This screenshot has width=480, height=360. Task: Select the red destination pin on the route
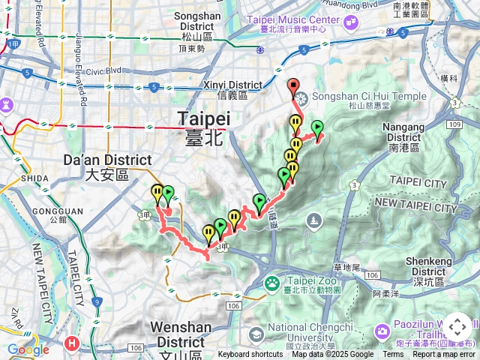pyautogui.click(x=293, y=86)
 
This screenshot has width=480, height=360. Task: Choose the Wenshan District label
pyautogui.click(x=181, y=332)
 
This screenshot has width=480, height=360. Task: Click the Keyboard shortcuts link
pyautogui.click(x=250, y=355)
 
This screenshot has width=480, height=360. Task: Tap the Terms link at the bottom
pyautogui.click(x=393, y=355)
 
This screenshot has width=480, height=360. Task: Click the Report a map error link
pyautogui.click(x=443, y=355)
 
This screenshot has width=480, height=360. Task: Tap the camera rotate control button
pyautogui.click(x=457, y=327)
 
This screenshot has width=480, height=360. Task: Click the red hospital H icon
pyautogui.click(x=71, y=343)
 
